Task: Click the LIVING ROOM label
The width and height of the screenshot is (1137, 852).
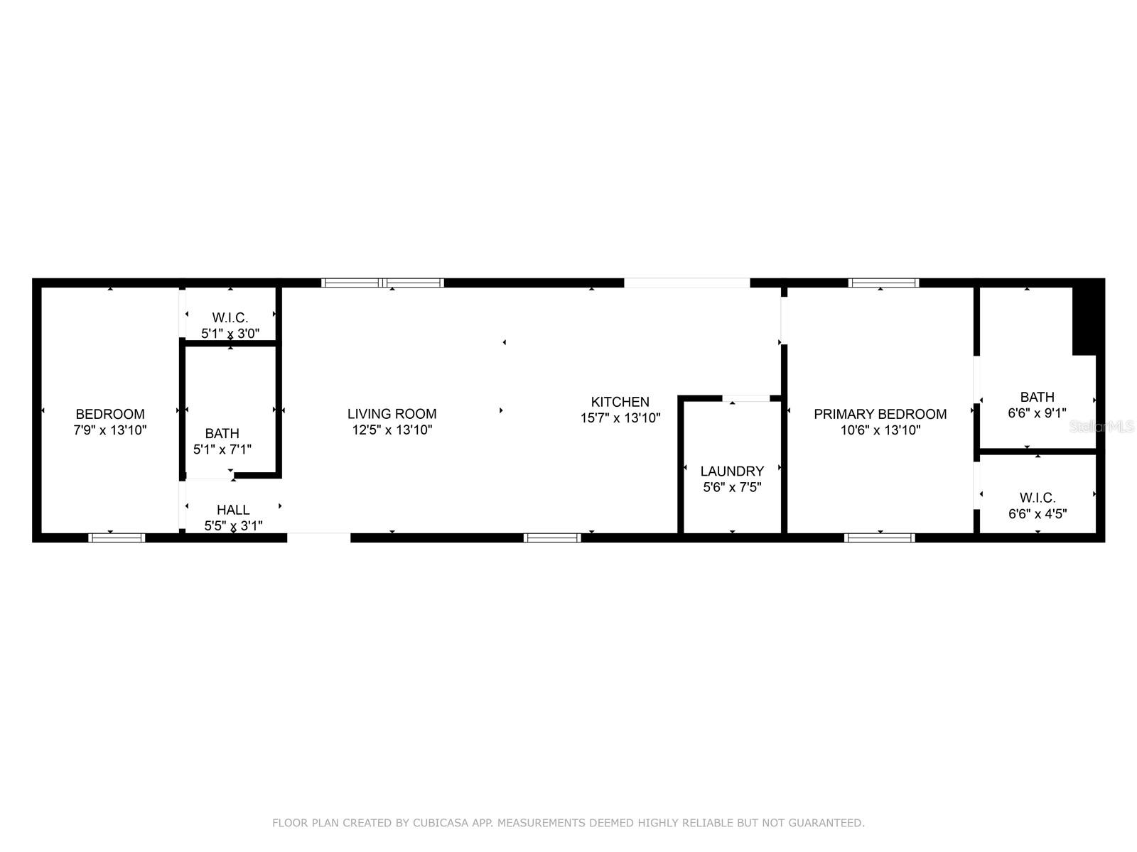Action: point(392,414)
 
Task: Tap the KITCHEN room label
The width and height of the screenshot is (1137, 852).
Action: point(620,402)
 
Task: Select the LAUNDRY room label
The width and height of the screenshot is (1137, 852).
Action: point(732,471)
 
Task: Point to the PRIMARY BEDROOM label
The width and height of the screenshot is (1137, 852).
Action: point(880,414)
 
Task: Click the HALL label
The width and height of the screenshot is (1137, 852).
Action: point(233,510)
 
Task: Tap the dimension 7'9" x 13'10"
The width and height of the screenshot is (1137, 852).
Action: point(110,430)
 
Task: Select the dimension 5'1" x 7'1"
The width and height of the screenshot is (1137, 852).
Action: point(222,449)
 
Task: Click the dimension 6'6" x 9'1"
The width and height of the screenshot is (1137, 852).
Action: point(1037,413)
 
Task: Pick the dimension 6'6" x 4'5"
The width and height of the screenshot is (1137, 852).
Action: point(1038,513)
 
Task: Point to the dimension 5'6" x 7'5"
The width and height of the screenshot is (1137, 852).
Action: point(732,487)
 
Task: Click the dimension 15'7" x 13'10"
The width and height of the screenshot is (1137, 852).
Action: point(620,418)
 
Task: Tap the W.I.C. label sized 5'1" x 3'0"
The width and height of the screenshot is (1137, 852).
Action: point(230,317)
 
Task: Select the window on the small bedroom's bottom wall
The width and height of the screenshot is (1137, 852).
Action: point(117,537)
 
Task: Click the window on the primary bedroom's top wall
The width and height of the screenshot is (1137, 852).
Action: point(883,283)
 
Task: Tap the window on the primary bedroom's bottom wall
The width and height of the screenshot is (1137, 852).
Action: point(880,537)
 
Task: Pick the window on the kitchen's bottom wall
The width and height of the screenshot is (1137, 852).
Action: point(552,537)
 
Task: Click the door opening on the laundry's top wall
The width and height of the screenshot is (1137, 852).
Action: point(745,398)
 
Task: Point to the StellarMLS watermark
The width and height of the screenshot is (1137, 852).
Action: point(1102,426)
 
